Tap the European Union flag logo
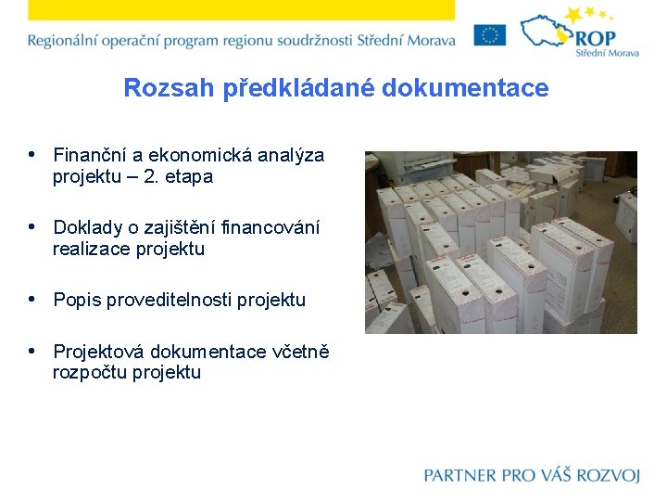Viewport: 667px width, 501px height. click(490, 35)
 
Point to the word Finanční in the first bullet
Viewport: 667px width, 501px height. click(88, 155)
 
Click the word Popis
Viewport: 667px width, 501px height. click(77, 300)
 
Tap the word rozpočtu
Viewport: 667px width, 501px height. click(90, 373)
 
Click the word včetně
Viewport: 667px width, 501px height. click(300, 352)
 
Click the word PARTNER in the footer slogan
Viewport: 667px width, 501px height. click(460, 475)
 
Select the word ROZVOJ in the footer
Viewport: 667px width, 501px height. click(608, 475)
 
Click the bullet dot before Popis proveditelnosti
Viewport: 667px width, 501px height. click(32, 299)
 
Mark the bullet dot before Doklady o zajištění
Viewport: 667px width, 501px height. click(32, 226)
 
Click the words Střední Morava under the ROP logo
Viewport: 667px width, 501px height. click(608, 54)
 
